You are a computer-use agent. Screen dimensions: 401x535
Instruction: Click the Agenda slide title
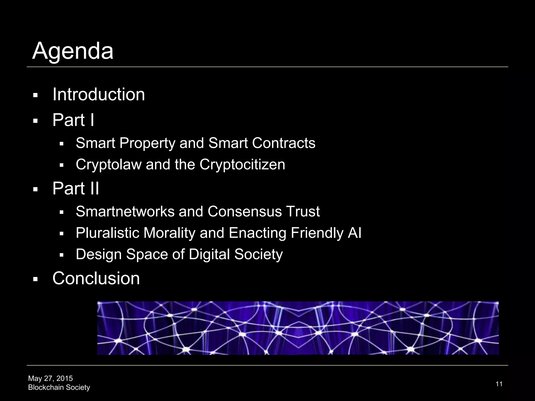[73, 51]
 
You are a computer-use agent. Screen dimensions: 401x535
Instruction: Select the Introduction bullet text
[98, 94]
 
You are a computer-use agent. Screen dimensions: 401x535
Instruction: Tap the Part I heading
[73, 120]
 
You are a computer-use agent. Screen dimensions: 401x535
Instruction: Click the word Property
[147, 143]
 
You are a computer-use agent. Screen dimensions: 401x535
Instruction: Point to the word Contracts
[283, 143]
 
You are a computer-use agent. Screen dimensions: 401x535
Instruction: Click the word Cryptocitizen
[242, 165]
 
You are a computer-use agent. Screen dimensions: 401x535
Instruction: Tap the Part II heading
[76, 188]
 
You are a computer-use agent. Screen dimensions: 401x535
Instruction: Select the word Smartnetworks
[125, 211]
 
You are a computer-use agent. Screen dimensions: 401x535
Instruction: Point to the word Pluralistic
[107, 233]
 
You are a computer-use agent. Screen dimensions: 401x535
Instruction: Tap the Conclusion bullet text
[96, 278]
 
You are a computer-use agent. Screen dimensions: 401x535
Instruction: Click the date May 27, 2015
[50, 378]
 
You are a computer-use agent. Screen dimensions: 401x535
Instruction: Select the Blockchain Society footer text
[59, 387]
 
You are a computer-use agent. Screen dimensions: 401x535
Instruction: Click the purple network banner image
[298, 328]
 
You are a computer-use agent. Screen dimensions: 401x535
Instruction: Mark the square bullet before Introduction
[36, 95]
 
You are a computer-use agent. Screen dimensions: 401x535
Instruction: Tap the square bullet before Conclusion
[36, 279]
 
